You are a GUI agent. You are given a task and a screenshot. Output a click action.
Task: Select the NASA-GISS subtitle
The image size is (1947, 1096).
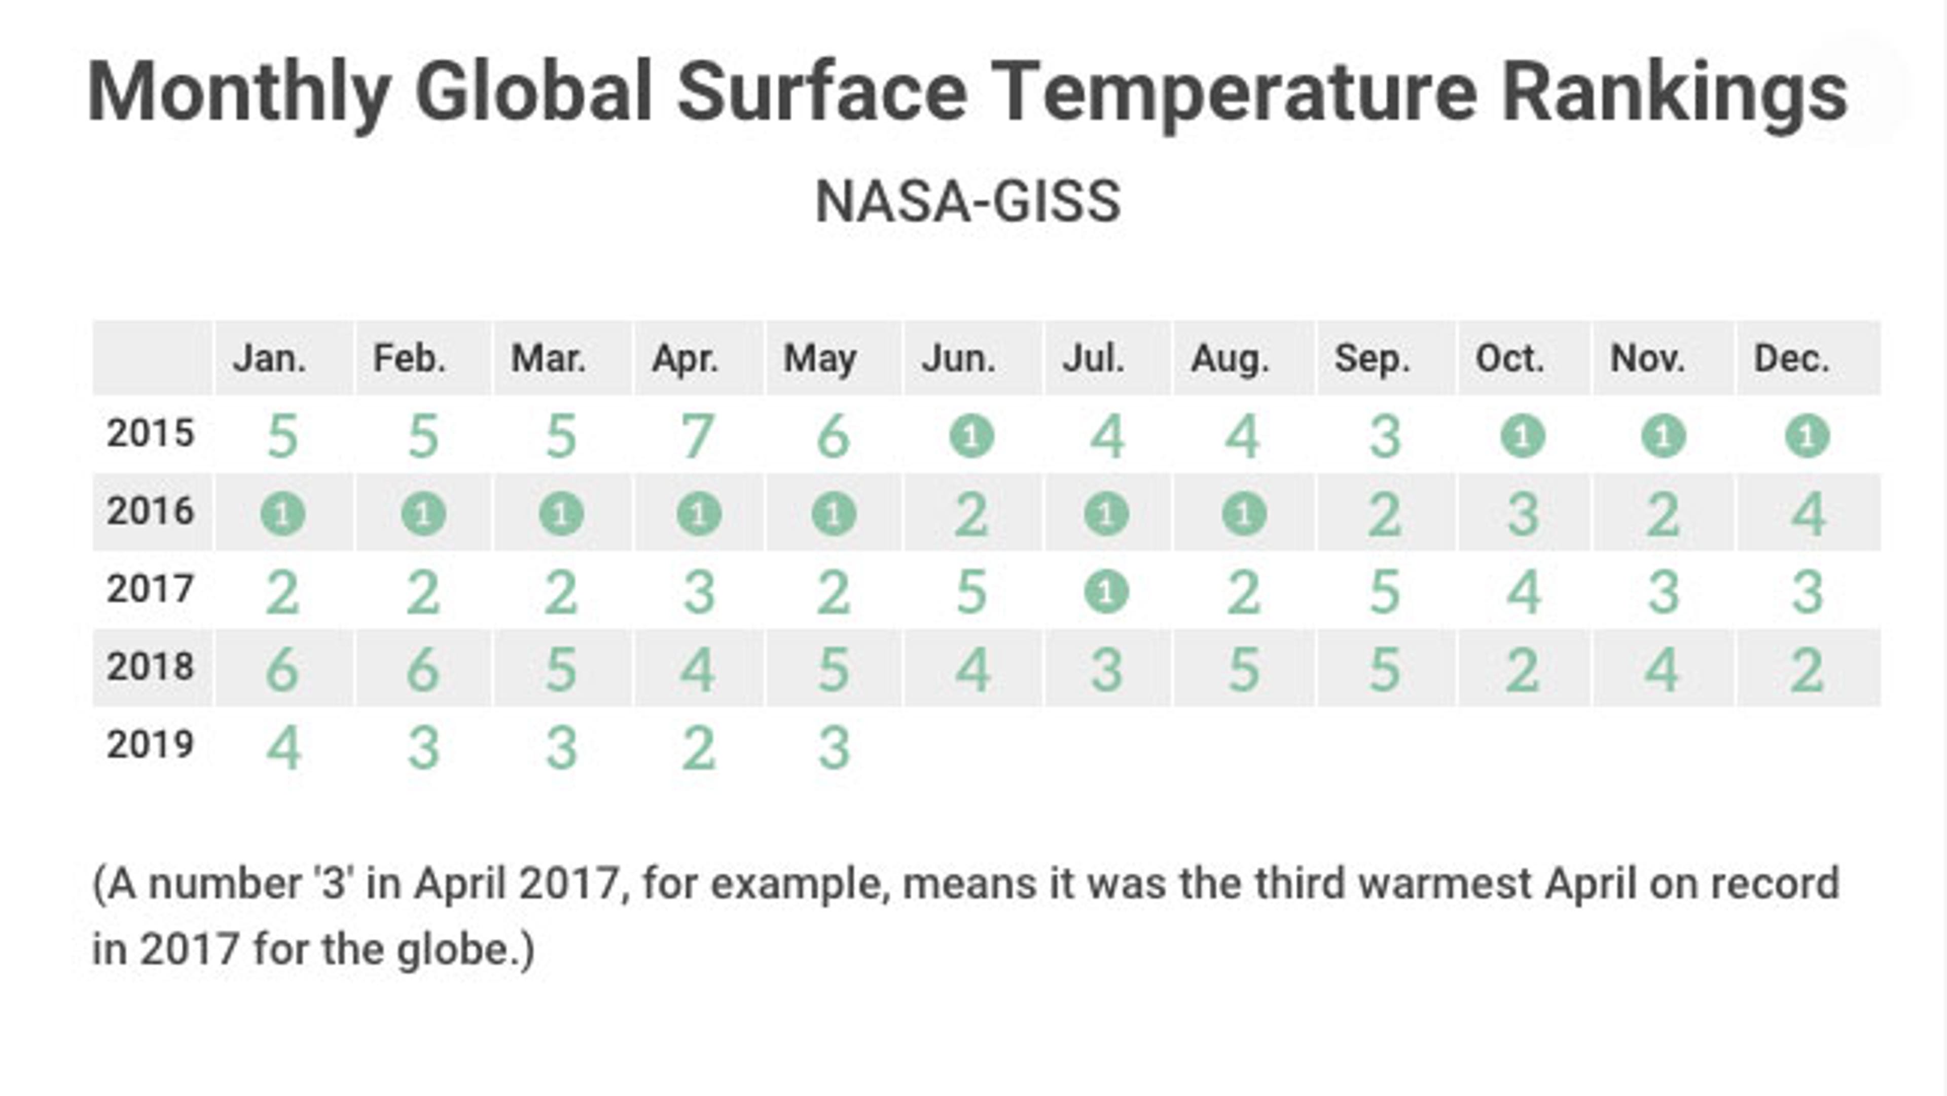click(x=968, y=202)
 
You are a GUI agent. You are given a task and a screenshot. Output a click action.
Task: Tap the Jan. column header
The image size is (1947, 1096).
click(x=270, y=358)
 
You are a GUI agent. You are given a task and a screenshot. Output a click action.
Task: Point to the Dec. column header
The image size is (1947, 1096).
click(x=1792, y=358)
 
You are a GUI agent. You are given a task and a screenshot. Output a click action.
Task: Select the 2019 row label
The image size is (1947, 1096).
click(x=151, y=745)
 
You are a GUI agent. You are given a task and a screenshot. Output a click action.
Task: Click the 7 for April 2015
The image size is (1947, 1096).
click(x=698, y=437)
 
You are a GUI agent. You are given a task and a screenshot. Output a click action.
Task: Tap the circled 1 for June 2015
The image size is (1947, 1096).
click(x=972, y=436)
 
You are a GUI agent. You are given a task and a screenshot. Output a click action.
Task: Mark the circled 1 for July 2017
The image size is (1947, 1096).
click(x=1106, y=592)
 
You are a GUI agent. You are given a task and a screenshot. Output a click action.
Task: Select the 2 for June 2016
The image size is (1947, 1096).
click(x=972, y=516)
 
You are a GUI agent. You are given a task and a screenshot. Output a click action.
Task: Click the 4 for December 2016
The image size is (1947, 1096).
click(x=1809, y=516)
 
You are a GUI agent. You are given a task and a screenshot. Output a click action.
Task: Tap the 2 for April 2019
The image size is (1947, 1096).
click(x=698, y=748)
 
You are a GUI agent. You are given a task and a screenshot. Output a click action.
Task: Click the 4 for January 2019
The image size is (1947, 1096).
click(x=284, y=748)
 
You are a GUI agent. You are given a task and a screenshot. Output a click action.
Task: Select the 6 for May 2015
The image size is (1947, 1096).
click(x=834, y=437)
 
